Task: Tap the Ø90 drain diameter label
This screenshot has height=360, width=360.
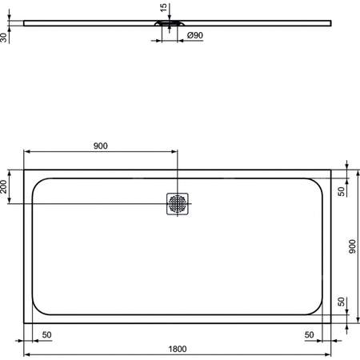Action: (194, 35)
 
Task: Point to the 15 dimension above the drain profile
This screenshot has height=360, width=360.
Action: (163, 8)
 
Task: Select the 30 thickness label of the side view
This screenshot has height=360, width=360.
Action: (6, 35)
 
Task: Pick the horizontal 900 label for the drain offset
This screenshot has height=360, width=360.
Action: (100, 146)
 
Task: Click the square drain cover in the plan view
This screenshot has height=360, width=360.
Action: (178, 204)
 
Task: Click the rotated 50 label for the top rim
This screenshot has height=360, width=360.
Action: (342, 190)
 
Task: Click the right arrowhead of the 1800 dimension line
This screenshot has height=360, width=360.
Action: (331, 354)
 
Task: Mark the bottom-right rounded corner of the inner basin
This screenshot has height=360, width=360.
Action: (319, 310)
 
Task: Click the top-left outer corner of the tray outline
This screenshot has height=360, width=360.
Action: (25, 169)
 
